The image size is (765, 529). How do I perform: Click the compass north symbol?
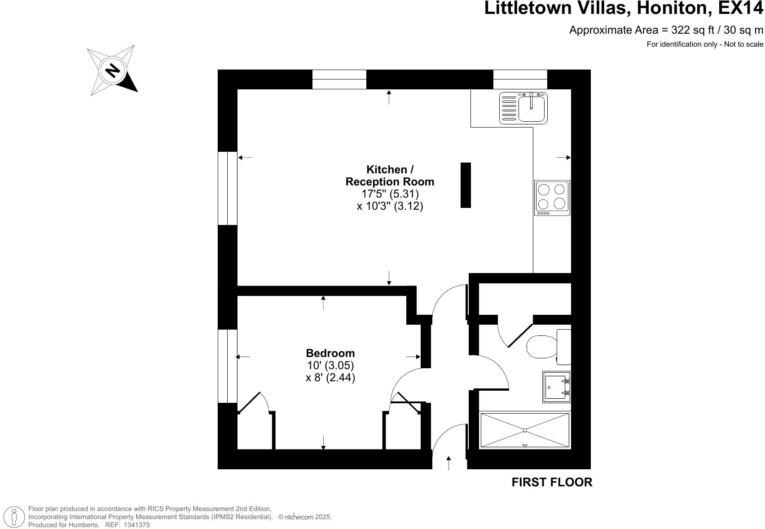coord(113,70)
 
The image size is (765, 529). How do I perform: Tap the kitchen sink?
coord(524,108)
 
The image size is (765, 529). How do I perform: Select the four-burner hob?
coord(552,198)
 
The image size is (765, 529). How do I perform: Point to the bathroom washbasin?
coord(557,387)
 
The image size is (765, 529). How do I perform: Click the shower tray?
coord(525,430)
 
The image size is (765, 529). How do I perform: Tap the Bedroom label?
coord(330,353)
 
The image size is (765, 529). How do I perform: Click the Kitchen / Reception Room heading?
coord(390,176)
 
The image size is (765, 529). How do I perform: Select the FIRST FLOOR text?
coord(552,482)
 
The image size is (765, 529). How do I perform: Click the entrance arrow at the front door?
coord(448,463)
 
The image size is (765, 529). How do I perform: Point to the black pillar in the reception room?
coord(466,185)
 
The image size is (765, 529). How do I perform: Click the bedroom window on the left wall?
coord(227,366)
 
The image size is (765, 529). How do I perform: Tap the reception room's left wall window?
coord(227,188)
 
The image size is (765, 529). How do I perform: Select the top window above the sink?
coord(520,79)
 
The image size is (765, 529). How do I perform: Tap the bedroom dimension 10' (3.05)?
coord(330,366)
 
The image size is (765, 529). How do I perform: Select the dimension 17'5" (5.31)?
coord(390,194)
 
